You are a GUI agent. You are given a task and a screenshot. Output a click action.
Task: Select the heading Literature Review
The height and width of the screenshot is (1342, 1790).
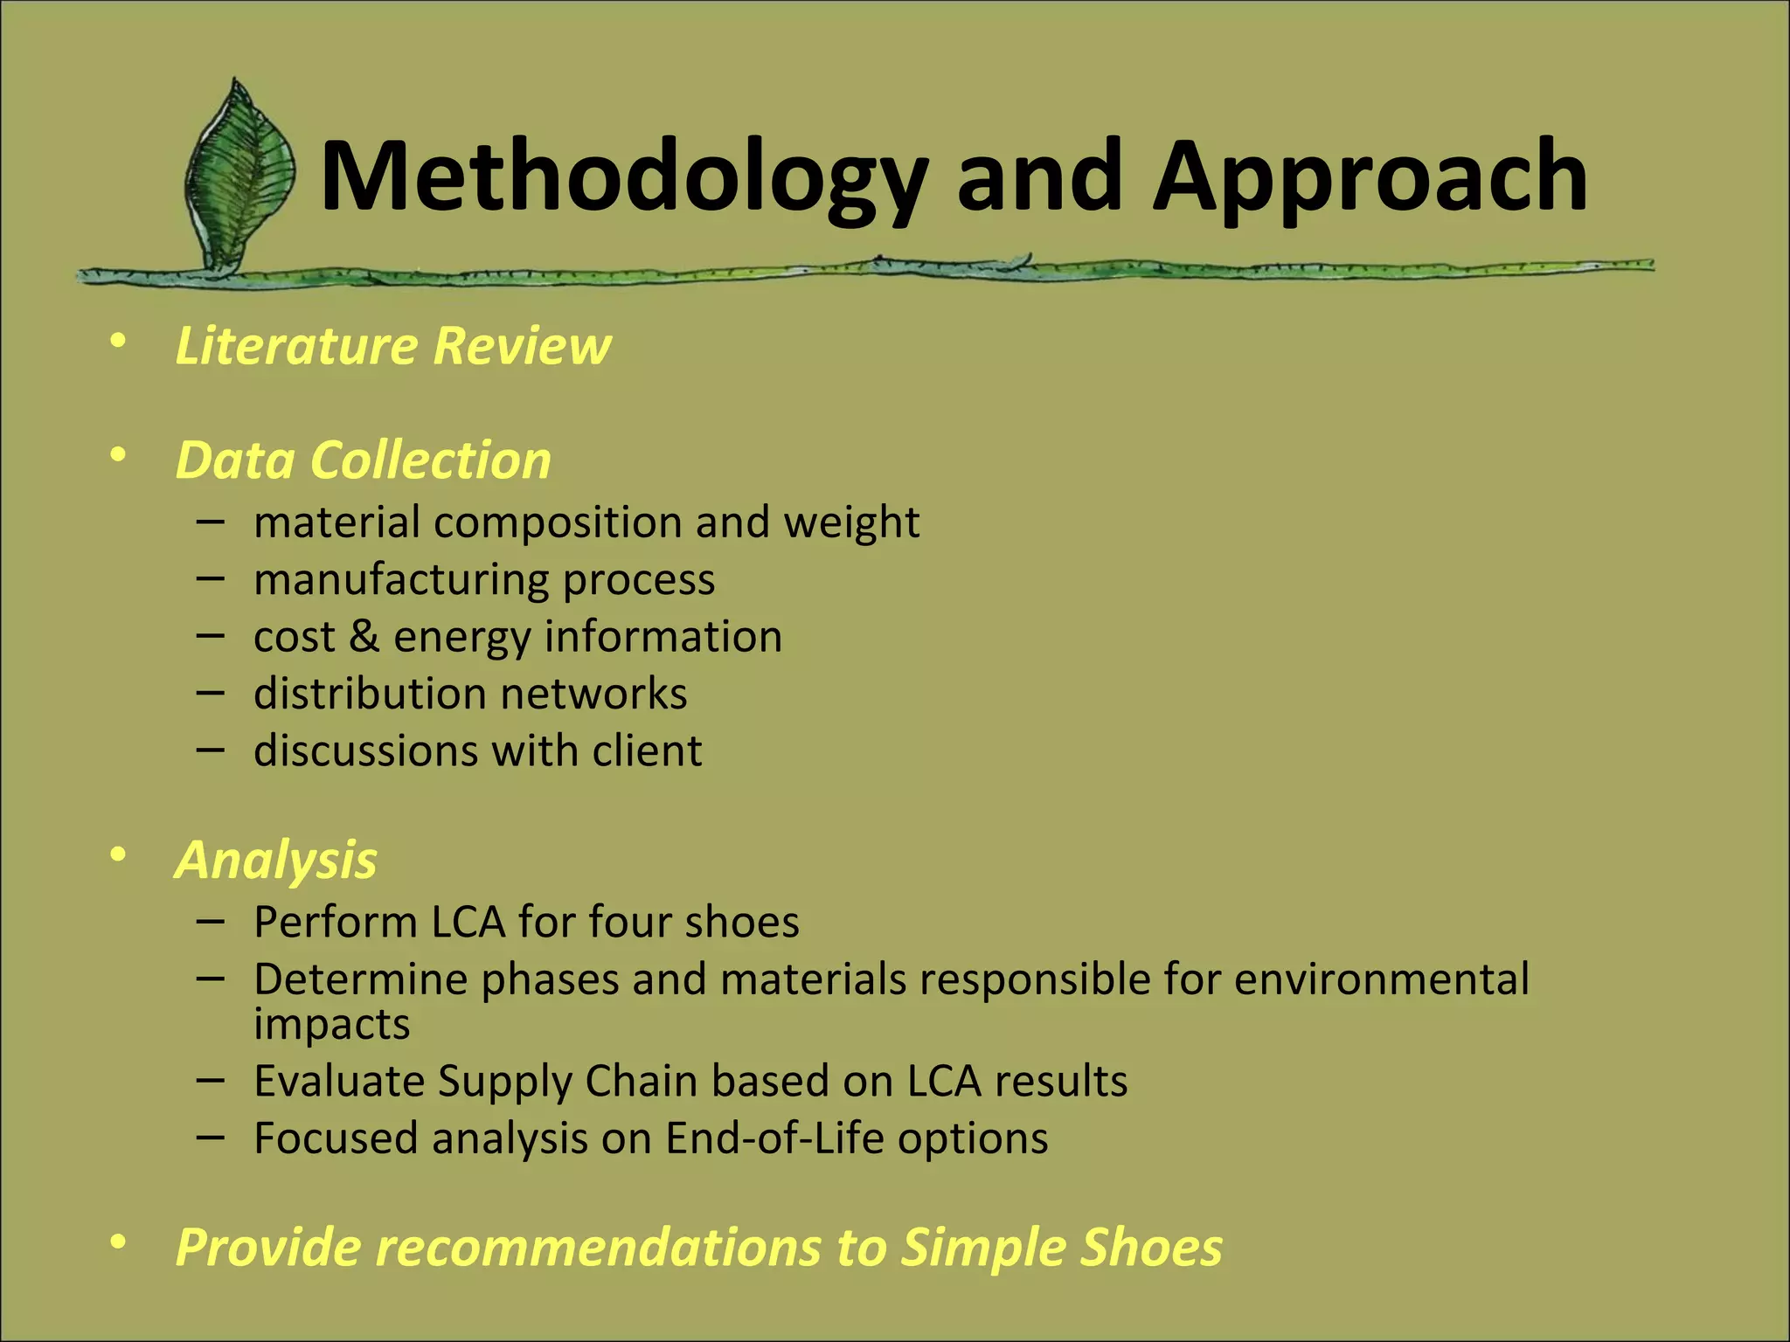(392, 345)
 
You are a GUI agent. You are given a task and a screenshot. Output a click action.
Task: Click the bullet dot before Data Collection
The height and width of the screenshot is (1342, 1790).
(119, 455)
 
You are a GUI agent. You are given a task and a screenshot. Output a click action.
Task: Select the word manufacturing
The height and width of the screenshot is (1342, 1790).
(401, 579)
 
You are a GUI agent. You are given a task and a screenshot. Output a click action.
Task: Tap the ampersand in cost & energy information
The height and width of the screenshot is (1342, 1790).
(364, 636)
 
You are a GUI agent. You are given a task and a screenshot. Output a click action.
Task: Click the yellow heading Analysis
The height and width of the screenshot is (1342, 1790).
(276, 860)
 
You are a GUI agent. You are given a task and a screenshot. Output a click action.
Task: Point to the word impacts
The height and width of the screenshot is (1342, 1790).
(331, 1024)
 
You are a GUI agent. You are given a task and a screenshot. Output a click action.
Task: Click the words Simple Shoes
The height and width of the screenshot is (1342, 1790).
(1061, 1247)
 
